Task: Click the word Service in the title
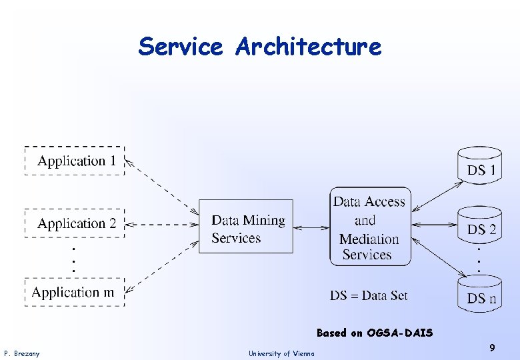[180, 47]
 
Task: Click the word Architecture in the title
[308, 47]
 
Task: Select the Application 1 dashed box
[75, 161]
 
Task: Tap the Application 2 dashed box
[75, 223]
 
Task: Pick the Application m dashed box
[75, 292]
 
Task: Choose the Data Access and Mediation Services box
[370, 227]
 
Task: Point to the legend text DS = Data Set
[369, 295]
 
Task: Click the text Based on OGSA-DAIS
[375, 333]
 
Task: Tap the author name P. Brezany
[21, 353]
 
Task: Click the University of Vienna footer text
[281, 353]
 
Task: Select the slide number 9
[491, 347]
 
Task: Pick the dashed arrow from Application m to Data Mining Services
[163, 267]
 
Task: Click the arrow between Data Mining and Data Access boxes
[311, 228]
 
